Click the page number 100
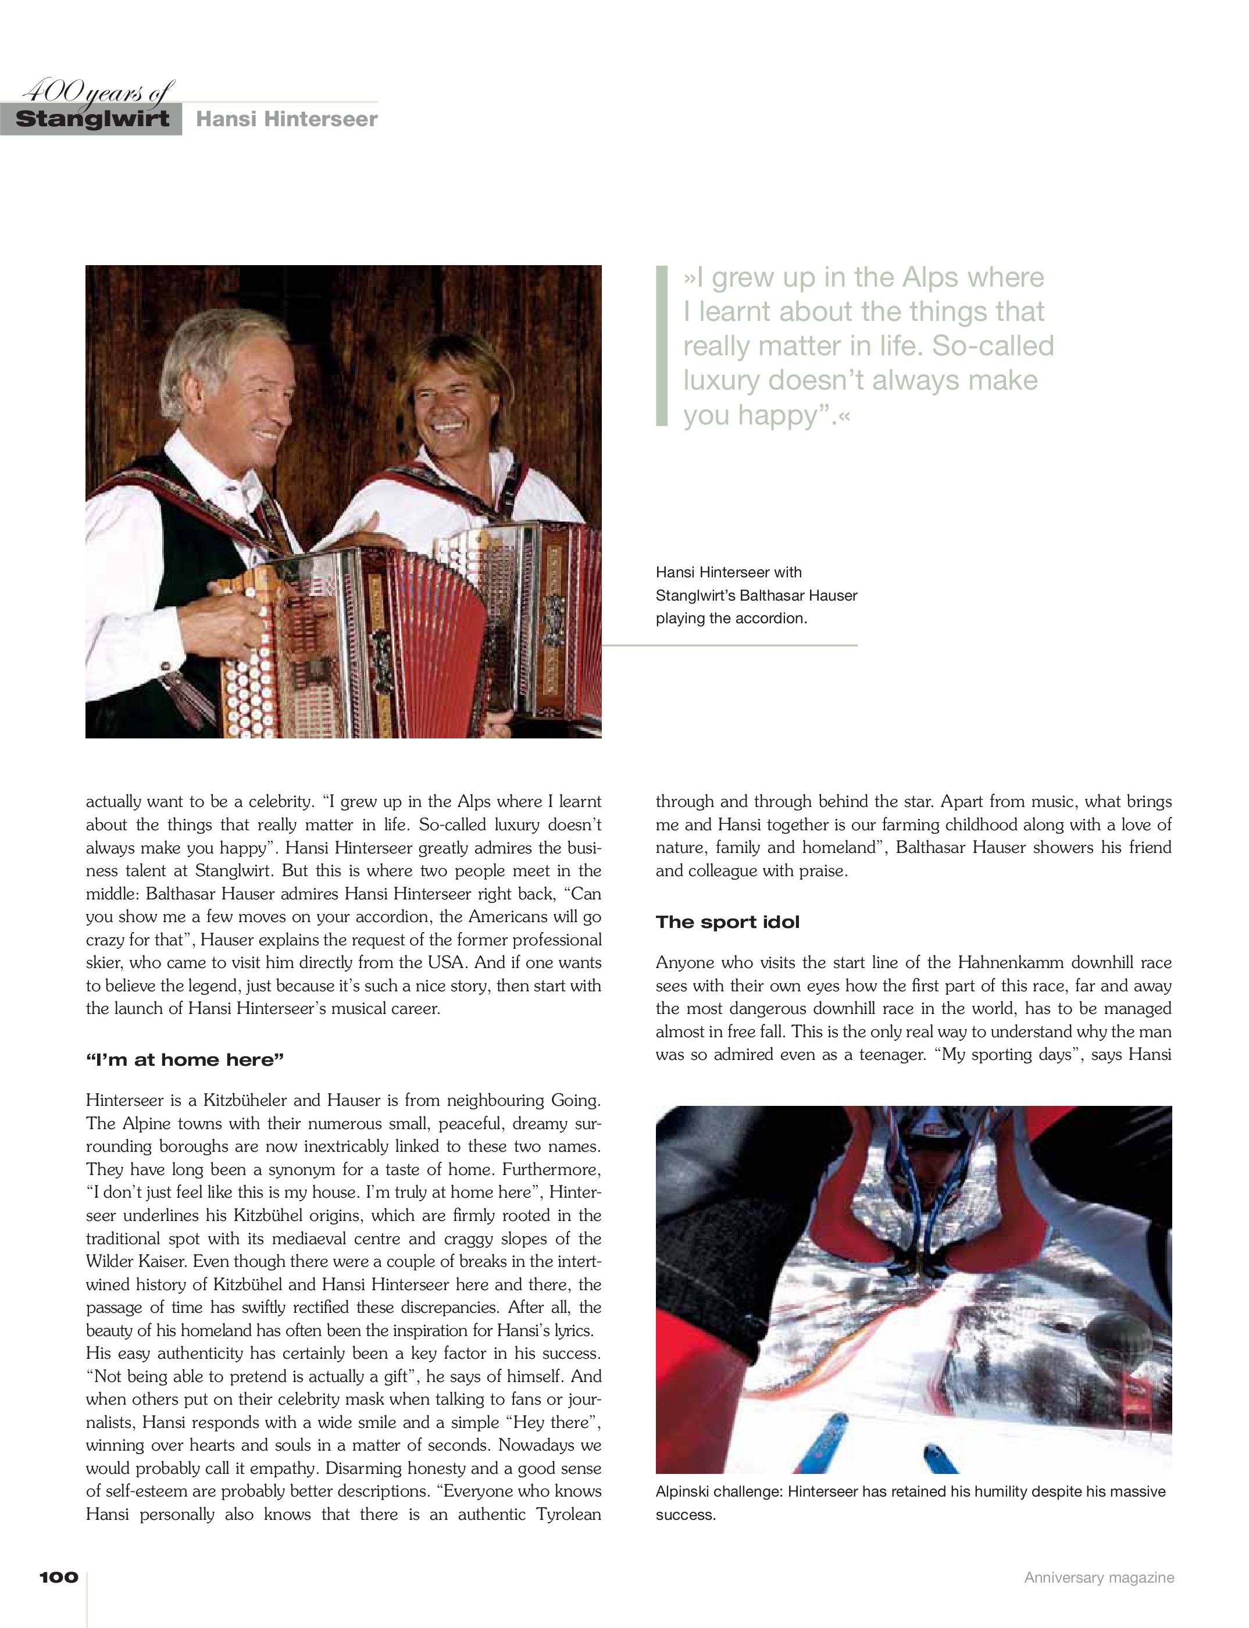[59, 1577]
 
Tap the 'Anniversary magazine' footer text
[1099, 1577]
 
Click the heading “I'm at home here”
[184, 1059]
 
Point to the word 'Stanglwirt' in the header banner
[92, 119]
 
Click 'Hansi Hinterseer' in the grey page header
[286, 119]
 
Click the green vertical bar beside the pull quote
[662, 346]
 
